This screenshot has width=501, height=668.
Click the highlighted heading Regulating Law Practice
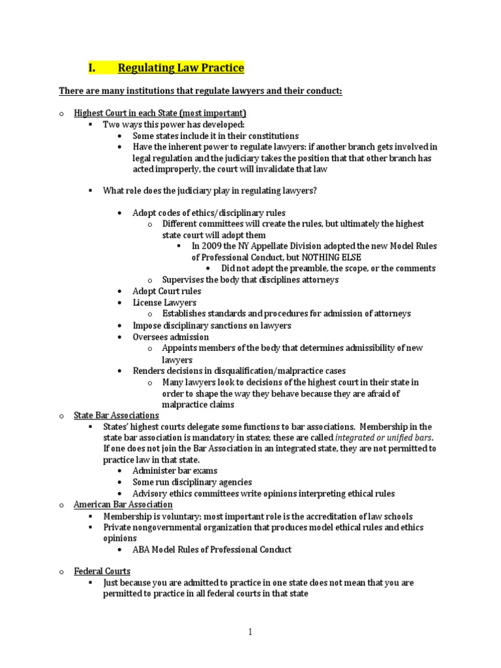[x=181, y=67]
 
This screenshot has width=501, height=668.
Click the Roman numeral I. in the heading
[x=92, y=67]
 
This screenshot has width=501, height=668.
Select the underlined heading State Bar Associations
[x=116, y=415]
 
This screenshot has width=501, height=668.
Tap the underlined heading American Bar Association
[x=123, y=504]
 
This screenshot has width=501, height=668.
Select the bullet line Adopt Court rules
[x=166, y=291]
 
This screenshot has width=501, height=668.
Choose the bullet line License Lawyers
[x=164, y=303]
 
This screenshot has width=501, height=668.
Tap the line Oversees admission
[x=170, y=337]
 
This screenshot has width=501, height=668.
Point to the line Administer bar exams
[x=175, y=470]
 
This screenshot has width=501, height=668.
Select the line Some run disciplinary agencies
[x=192, y=482]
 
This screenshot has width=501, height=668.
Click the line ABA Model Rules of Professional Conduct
[x=212, y=549]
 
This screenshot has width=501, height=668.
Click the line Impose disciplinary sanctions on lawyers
[x=212, y=326]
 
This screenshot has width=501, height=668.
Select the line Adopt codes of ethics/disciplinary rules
[x=209, y=213]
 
